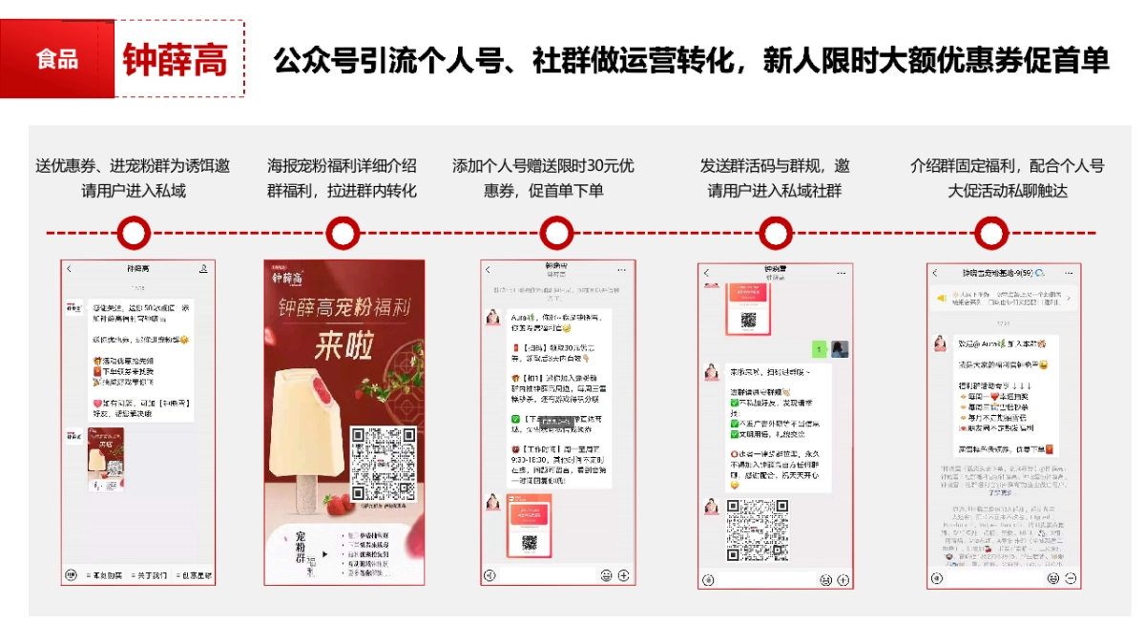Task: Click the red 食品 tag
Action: [x=57, y=60]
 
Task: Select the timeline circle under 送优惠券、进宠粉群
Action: [x=134, y=233]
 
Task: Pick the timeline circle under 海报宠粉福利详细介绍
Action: [x=343, y=233]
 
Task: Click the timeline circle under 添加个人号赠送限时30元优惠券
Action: [x=555, y=233]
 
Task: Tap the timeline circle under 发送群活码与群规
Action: [x=775, y=233]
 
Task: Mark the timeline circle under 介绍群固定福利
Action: [x=992, y=233]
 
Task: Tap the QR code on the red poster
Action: [x=384, y=464]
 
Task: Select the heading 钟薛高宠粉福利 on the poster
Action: [x=343, y=308]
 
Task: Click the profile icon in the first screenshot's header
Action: [x=203, y=269]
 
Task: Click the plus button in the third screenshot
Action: [x=624, y=575]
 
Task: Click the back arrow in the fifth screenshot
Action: [x=937, y=273]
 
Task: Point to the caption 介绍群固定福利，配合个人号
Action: [x=1007, y=165]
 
